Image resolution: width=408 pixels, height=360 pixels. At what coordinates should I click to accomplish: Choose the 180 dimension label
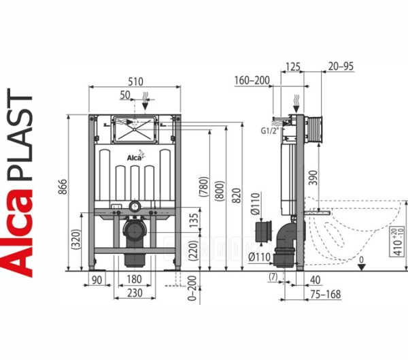pyautogui.click(x=135, y=279)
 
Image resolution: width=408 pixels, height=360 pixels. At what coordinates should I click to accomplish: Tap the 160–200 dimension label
pyautogui.click(x=252, y=81)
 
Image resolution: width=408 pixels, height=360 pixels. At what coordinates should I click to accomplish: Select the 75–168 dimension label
pyautogui.click(x=323, y=293)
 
